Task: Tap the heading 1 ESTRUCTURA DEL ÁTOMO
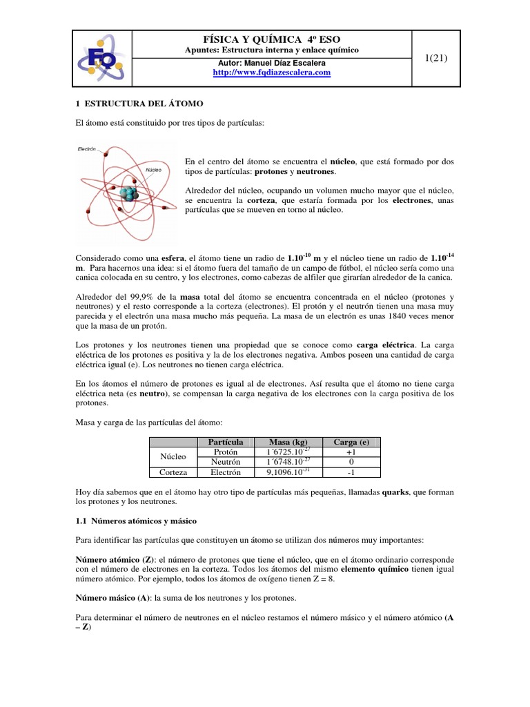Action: pos(139,103)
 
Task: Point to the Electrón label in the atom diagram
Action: pos(87,148)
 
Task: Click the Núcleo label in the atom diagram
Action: pos(154,168)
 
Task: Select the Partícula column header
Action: pos(220,442)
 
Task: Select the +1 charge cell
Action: pos(352,452)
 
